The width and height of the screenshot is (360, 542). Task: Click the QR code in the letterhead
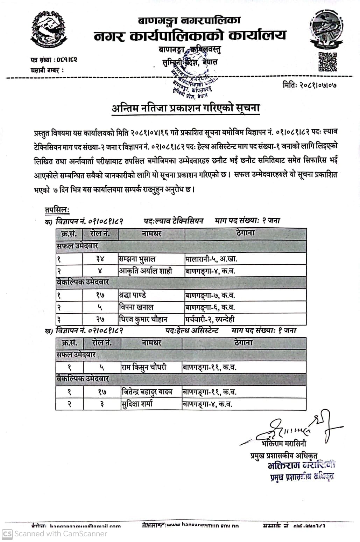click(x=327, y=62)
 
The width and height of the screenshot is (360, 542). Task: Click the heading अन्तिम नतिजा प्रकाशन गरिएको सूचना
click(x=185, y=109)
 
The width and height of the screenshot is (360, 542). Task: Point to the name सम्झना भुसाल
click(x=137, y=259)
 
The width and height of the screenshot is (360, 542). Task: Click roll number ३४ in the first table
click(x=100, y=259)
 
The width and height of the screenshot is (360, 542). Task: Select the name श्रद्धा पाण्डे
click(x=133, y=295)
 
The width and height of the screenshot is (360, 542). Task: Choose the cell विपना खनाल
click(x=136, y=307)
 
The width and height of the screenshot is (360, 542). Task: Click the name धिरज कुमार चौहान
click(x=143, y=319)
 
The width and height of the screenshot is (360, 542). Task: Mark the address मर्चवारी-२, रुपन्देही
click(x=210, y=319)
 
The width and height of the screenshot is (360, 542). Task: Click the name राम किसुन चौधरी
click(x=144, y=367)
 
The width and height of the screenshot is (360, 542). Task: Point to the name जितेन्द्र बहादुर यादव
click(x=147, y=392)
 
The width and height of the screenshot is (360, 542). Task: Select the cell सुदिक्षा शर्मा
click(x=136, y=404)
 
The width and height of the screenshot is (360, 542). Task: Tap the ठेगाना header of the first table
click(x=245, y=233)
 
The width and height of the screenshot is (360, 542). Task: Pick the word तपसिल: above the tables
click(x=57, y=210)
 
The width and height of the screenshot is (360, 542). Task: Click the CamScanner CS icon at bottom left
click(x=7, y=534)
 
